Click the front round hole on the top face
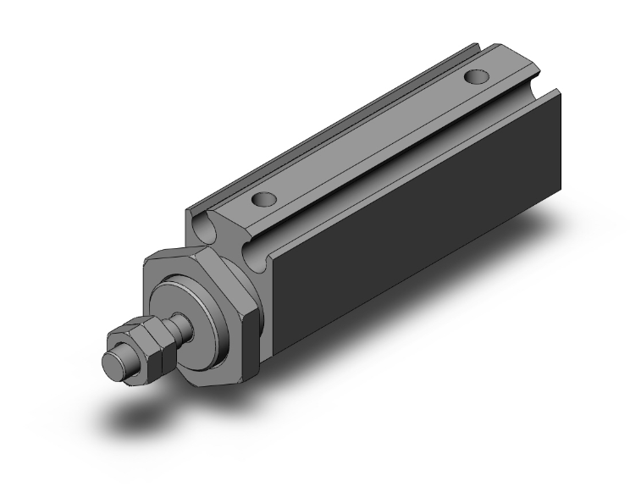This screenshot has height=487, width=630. point(264,202)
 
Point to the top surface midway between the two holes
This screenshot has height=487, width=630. point(373,140)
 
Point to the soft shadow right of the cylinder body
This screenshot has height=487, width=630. point(508,254)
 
